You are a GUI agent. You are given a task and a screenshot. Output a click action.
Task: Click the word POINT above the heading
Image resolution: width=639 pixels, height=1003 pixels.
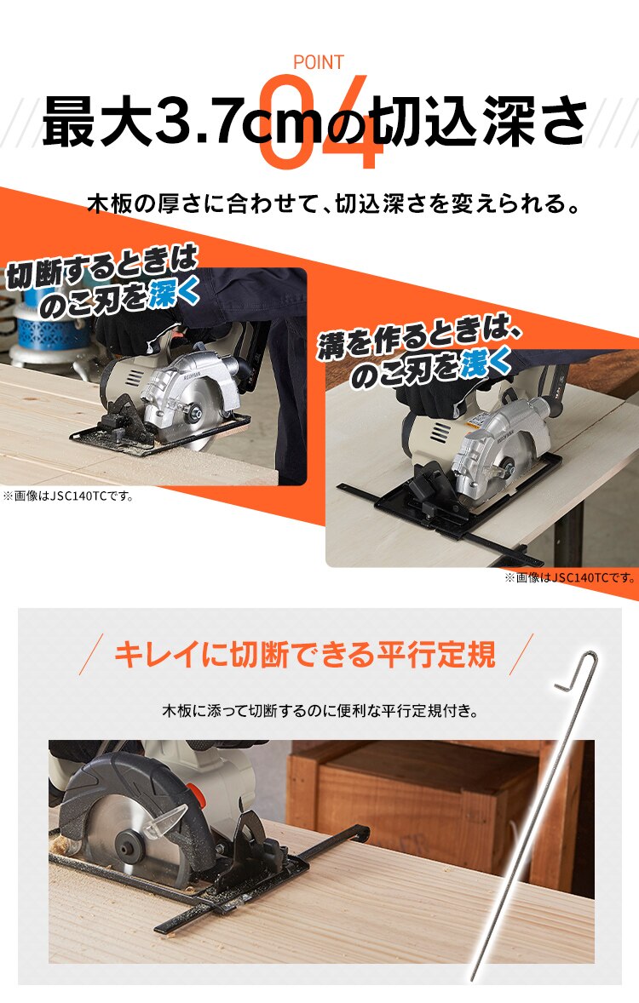point(319,62)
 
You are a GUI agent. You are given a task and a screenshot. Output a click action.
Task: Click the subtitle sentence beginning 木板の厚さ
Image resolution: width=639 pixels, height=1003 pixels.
point(338,205)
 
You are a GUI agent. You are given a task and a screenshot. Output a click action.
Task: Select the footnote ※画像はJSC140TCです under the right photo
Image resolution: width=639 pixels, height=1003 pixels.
point(569,577)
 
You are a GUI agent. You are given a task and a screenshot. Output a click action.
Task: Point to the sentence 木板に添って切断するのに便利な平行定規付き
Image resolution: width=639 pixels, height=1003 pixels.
point(319,709)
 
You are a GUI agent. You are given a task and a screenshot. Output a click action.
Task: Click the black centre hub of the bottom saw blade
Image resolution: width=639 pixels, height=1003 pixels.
point(130,848)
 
